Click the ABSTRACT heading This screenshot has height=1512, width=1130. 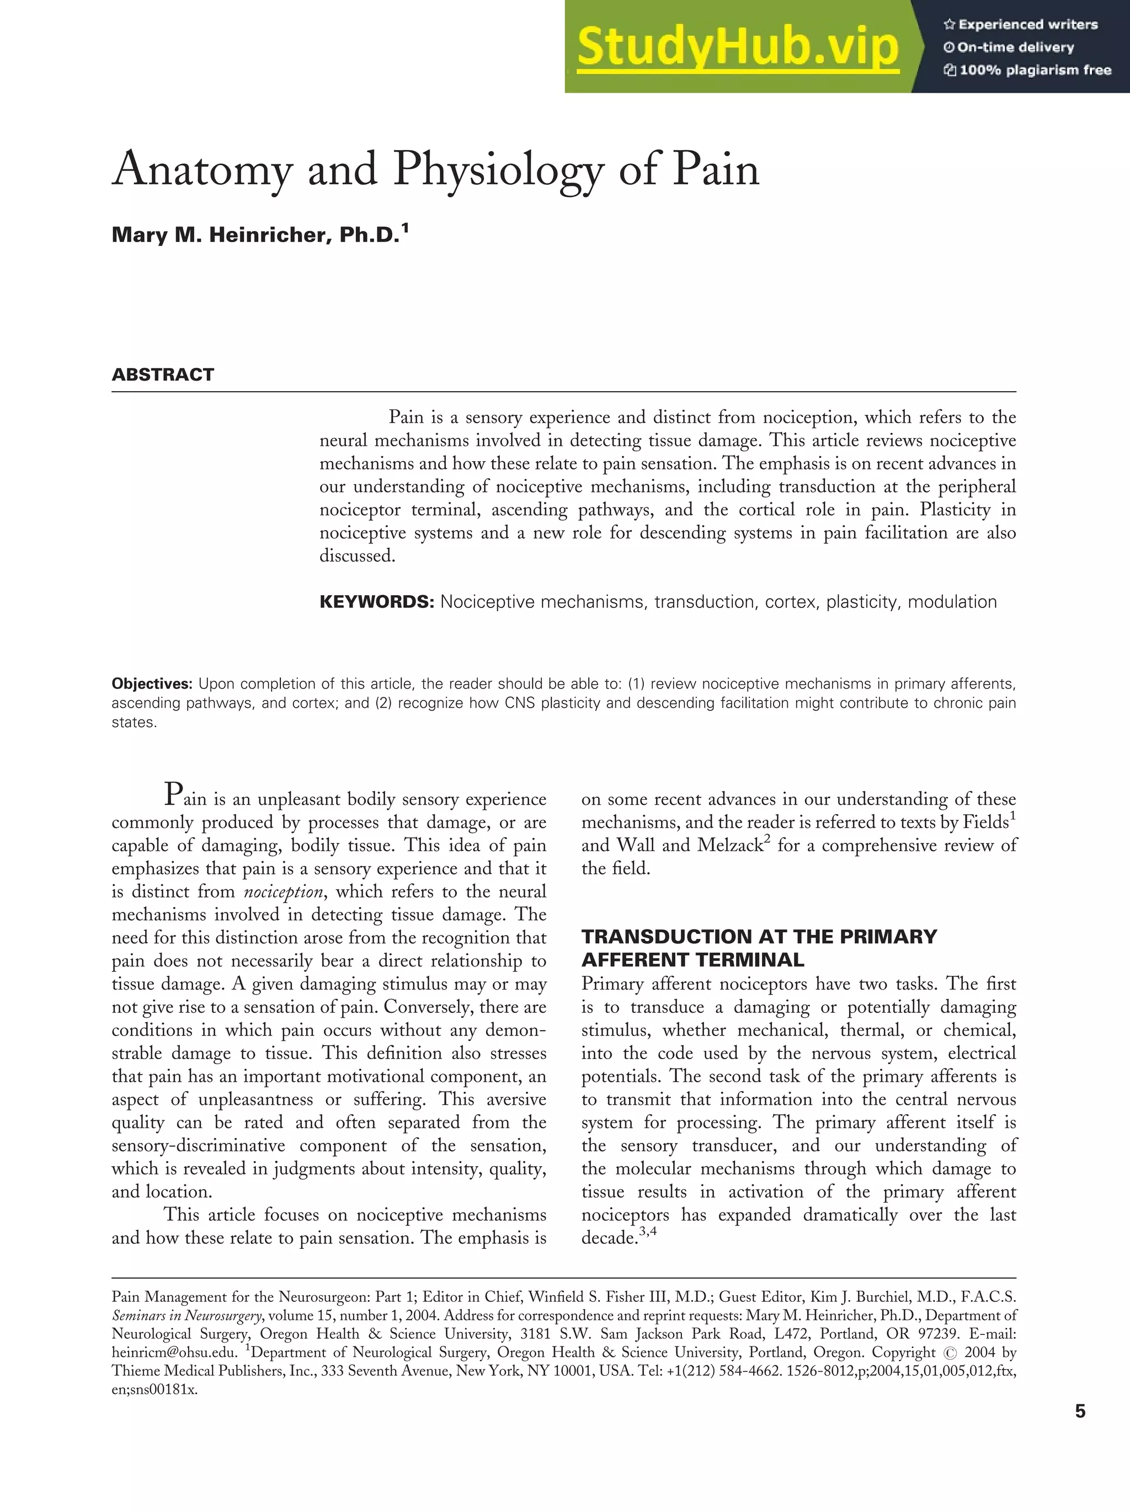(x=163, y=375)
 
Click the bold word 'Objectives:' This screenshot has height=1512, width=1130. (x=152, y=684)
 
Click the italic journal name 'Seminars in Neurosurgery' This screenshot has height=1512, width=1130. (x=186, y=1315)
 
